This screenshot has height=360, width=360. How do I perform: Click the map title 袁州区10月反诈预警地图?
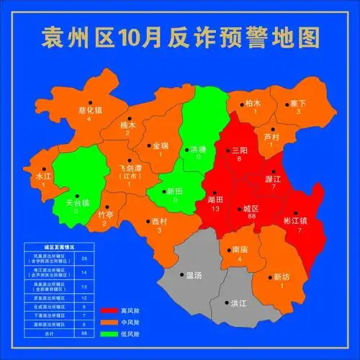180,36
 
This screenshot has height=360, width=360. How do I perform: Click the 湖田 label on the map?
215,199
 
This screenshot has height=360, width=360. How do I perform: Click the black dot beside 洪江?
224,303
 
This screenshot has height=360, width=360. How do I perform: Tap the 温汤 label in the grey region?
194,275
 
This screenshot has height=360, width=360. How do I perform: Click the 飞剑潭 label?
130,168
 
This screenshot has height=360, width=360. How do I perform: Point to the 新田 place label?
175,191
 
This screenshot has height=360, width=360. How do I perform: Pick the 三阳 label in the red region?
240,150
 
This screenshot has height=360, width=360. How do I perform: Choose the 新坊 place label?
282,277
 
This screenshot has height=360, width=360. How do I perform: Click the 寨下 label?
297,104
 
